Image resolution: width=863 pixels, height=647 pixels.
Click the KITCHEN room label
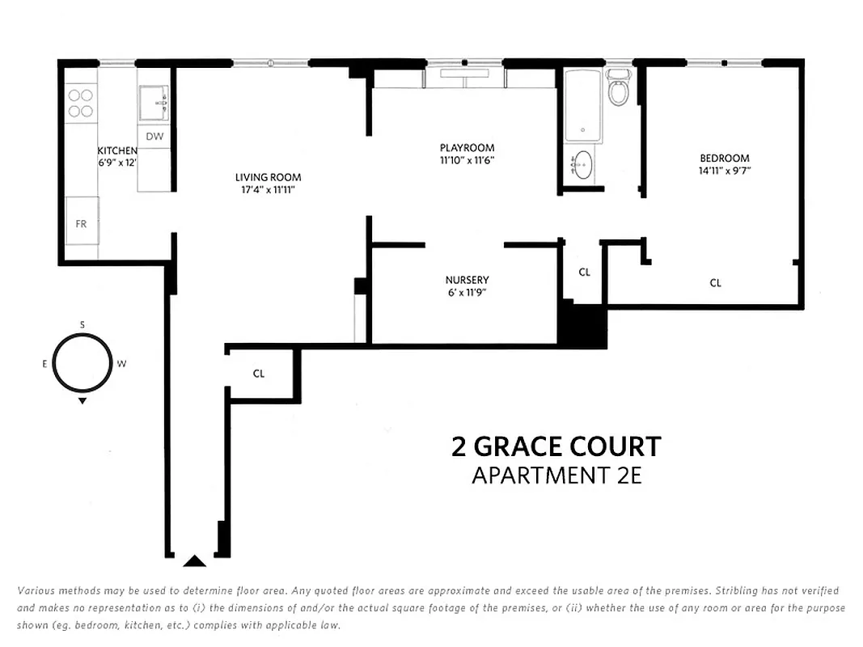click(116, 150)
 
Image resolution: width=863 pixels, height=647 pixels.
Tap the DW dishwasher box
click(154, 137)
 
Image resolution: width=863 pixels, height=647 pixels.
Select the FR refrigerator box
click(81, 224)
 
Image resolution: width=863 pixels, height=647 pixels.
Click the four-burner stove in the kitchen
click(80, 103)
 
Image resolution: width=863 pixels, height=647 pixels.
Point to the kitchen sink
click(154, 104)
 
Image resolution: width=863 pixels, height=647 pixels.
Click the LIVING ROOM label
click(268, 177)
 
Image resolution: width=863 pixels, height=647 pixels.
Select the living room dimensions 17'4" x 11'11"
click(268, 190)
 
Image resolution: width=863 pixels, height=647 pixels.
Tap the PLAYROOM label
click(467, 148)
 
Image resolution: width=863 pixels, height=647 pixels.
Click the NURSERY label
click(467, 280)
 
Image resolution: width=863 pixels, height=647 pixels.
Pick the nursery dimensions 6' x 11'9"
click(467, 293)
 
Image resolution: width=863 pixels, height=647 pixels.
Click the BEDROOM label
click(724, 158)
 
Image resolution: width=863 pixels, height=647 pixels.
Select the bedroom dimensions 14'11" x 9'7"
click(724, 171)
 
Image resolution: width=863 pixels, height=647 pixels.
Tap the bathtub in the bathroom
click(579, 106)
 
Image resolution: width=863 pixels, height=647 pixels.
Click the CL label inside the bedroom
click(715, 283)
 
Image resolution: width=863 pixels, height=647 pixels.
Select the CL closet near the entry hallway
click(259, 374)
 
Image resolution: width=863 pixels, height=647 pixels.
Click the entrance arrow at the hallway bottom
click(194, 560)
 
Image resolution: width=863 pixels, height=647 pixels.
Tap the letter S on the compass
click(82, 324)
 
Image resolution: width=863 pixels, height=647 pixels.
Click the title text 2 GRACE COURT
click(556, 446)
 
